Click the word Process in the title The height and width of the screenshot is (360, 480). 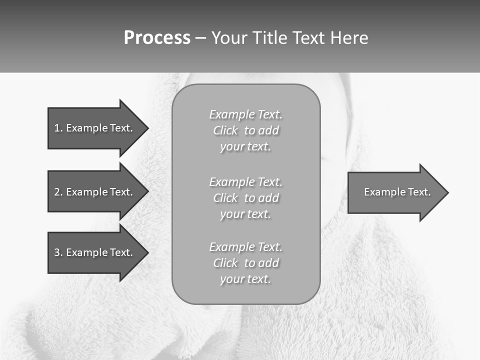click(x=157, y=38)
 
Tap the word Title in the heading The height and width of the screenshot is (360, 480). click(x=272, y=38)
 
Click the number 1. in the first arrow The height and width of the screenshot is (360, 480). click(x=58, y=128)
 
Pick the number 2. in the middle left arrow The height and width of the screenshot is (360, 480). click(x=58, y=192)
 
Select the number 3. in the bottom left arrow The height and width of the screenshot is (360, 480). click(x=58, y=252)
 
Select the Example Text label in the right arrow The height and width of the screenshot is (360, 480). click(x=397, y=192)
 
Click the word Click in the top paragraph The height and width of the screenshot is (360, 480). click(x=225, y=131)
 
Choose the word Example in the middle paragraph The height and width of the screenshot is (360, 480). click(x=232, y=182)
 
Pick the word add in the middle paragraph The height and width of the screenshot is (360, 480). click(x=268, y=198)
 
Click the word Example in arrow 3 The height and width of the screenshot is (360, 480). click(x=87, y=252)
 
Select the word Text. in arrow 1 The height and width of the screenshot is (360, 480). click(x=121, y=128)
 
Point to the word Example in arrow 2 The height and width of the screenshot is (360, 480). click(x=87, y=192)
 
